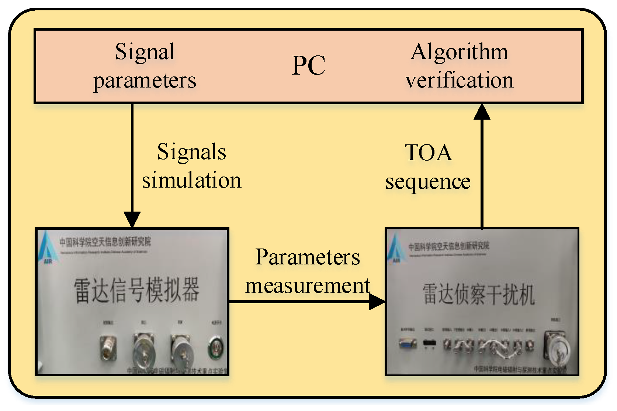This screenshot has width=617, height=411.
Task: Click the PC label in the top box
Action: tap(309, 66)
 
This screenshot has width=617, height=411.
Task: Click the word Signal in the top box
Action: tap(145, 52)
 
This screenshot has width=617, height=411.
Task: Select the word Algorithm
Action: tap(459, 52)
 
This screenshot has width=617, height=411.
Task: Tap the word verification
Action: tap(459, 80)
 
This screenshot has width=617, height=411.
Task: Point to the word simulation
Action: tap(191, 181)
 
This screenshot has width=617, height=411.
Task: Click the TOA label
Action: tap(428, 153)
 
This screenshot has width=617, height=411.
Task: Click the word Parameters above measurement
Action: tap(308, 257)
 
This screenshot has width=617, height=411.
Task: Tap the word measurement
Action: tap(308, 285)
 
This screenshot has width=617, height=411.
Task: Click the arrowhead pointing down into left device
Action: tap(132, 220)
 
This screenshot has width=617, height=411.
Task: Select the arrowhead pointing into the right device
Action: tap(377, 302)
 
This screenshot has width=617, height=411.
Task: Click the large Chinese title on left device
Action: tap(136, 290)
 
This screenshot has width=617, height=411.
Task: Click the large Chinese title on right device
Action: tap(478, 294)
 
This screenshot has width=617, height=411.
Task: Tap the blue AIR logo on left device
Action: tap(46, 247)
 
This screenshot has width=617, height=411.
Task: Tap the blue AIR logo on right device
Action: tap(395, 248)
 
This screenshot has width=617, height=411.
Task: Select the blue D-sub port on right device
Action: tap(408, 343)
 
